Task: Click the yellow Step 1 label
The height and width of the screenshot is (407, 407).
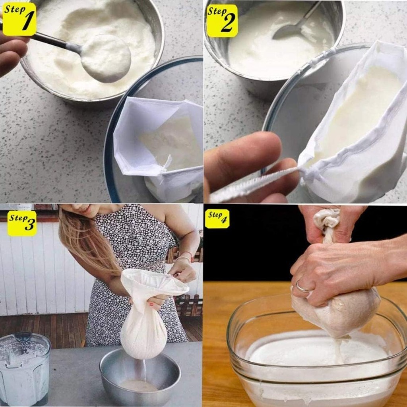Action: click(19, 19)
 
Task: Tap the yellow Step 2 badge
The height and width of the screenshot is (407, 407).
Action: click(222, 21)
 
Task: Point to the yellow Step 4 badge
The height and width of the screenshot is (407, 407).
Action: click(217, 219)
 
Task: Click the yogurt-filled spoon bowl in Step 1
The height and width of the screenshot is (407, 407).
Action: click(106, 58)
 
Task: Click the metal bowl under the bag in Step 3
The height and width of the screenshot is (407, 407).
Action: click(140, 376)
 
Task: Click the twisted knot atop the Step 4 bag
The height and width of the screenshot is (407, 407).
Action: click(327, 219)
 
